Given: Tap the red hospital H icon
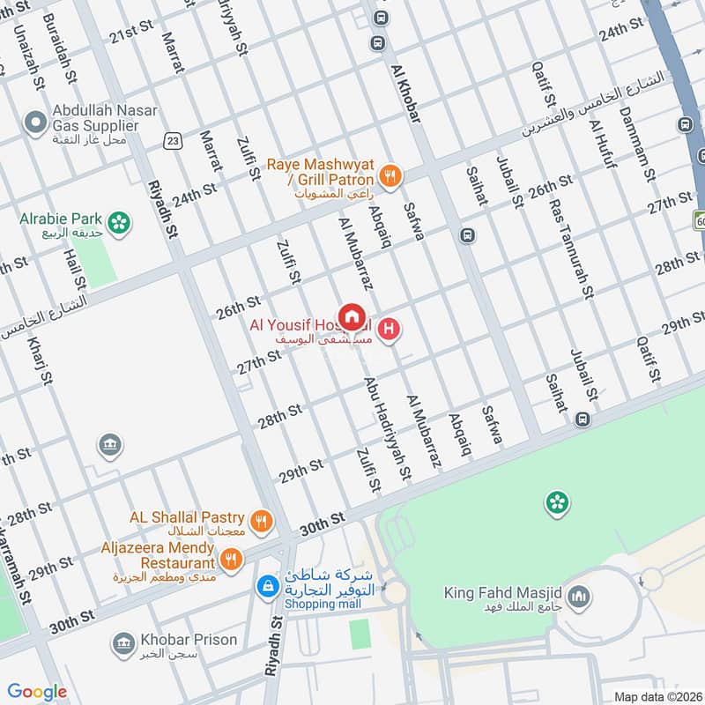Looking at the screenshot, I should [391, 331].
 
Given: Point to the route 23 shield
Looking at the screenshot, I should [173, 140].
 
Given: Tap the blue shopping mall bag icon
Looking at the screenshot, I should [266, 585].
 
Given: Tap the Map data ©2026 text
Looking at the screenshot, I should [657, 696].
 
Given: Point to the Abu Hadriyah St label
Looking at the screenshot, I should [389, 429].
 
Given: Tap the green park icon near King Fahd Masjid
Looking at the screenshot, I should [556, 503].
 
